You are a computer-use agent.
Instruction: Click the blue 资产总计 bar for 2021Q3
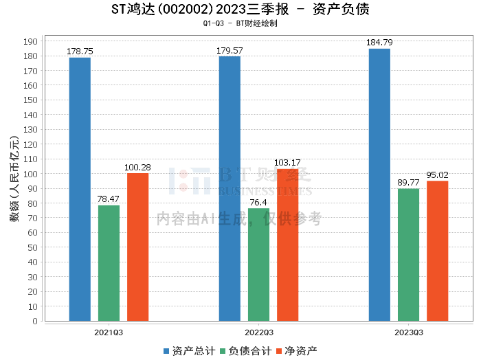[80, 189]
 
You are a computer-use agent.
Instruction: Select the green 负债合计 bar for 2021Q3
[109, 263]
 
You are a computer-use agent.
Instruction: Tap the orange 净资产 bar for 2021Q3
[137, 247]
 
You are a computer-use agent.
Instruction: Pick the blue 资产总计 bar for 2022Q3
[230, 188]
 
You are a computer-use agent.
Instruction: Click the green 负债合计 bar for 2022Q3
[258, 265]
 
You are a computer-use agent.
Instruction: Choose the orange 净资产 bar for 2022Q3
[287, 245]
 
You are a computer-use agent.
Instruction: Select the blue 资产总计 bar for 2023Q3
[379, 185]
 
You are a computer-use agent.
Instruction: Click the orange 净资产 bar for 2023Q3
[437, 251]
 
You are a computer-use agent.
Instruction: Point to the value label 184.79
[379, 43]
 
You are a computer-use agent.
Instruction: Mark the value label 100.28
[137, 167]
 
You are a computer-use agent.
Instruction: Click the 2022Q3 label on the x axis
[258, 332]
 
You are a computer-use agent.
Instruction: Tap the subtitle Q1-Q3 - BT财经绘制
[240, 23]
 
